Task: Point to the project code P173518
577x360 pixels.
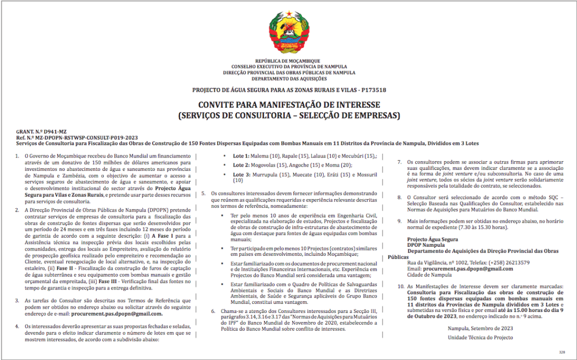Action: [x=373, y=90]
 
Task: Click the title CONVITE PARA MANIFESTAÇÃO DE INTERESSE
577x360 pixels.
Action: [x=289, y=105]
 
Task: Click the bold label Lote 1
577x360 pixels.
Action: [x=241, y=156]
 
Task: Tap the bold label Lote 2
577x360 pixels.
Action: [x=241, y=165]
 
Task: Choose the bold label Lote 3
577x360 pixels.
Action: [x=241, y=175]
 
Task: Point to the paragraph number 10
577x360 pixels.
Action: [x=400, y=287]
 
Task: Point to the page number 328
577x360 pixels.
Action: [x=562, y=352]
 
